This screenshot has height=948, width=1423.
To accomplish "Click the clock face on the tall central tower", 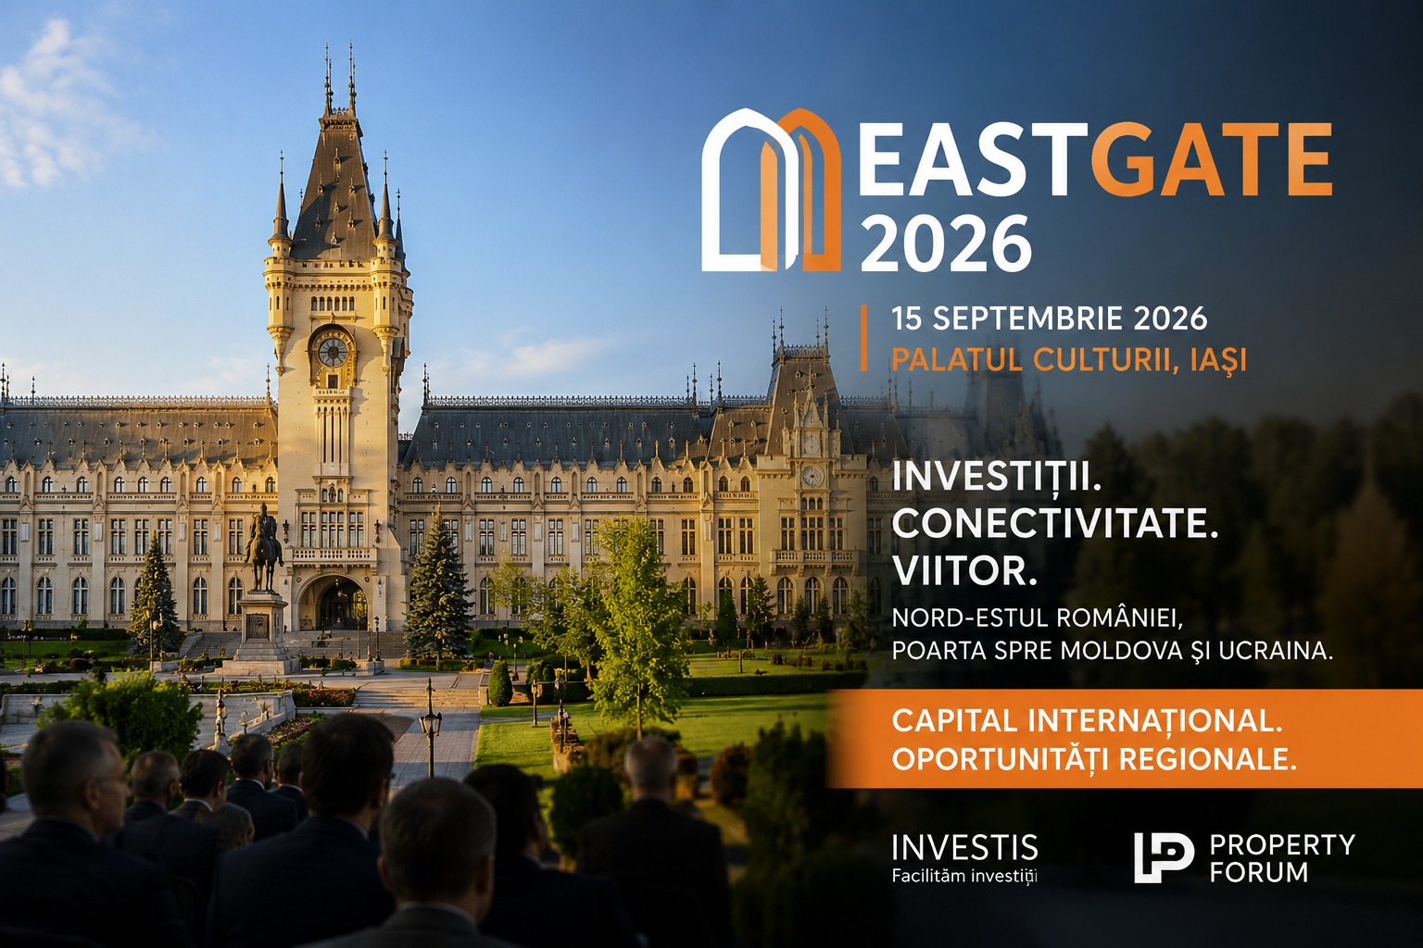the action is pyautogui.click(x=333, y=353).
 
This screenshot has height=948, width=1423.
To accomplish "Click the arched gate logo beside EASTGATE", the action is pyautogui.click(x=771, y=190).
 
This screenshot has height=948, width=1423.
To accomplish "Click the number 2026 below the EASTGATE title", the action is pyautogui.click(x=945, y=243).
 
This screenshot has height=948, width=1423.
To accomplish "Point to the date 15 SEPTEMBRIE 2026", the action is pyautogui.click(x=1049, y=318).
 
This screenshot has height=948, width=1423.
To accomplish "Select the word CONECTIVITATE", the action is pyautogui.click(x=1055, y=524).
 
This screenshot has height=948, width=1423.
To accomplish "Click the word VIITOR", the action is pyautogui.click(x=964, y=571).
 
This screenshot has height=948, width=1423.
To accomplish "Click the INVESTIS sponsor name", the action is pyautogui.click(x=965, y=847).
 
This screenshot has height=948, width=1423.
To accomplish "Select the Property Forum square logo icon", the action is pyautogui.click(x=1164, y=858).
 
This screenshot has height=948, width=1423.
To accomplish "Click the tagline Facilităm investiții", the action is pyautogui.click(x=964, y=876).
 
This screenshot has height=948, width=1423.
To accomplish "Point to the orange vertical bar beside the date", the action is pyautogui.click(x=864, y=338).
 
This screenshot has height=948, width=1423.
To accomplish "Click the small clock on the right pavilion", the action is pyautogui.click(x=812, y=475).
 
